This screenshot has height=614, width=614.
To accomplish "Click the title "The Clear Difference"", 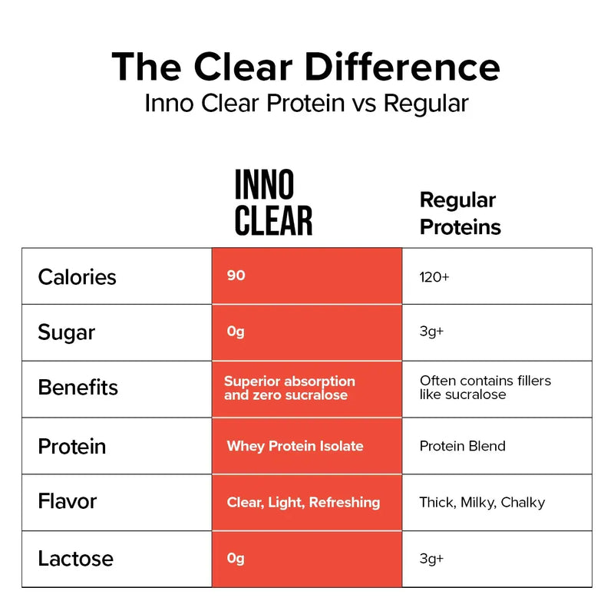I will coord(305,68).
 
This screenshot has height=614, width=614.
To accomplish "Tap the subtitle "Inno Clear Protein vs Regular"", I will coord(305,104).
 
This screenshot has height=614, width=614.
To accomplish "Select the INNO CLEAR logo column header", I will coord(273,203).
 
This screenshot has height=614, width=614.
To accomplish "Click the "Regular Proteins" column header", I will coord(460,213).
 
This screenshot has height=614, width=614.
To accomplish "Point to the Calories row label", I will coord(77,276).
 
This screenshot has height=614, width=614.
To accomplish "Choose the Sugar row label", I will coord(66,332).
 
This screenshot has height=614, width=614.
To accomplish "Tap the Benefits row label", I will coord(78,387).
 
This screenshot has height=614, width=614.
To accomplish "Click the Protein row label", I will coord(71,446).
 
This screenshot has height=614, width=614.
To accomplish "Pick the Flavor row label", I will coord(68,502).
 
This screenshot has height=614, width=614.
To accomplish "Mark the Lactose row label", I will coord(75,559).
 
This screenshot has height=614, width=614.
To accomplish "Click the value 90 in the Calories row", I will coord(236,276).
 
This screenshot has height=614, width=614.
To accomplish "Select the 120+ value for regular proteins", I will coord(434,276).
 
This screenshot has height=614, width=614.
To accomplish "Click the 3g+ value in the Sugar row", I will coord(431,332).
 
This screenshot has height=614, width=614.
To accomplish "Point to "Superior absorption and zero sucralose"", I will coord(289,388).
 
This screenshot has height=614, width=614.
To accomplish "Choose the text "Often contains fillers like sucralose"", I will coord(485,388).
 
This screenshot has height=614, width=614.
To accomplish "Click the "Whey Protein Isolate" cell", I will coord(295,446).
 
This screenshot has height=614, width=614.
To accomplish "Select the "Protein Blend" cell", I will coord(462,446).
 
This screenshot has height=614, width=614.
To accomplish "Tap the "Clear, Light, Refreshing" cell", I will coord(303,503).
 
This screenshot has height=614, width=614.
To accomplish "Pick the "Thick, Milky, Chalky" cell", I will coord(482,503).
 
